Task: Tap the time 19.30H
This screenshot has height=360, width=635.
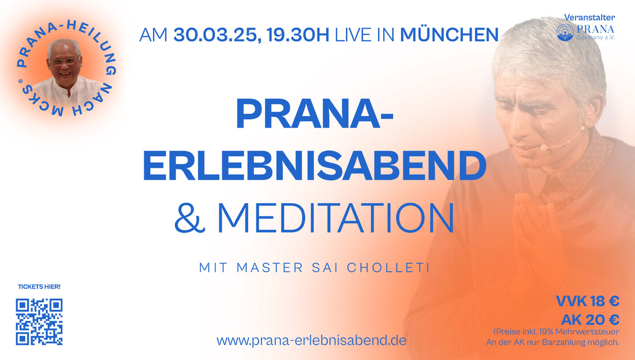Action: [x=298, y=35]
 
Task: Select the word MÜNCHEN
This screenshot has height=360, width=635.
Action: [x=449, y=35]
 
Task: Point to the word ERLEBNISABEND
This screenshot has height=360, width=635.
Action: [x=315, y=166]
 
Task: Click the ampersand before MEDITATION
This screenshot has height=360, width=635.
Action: [x=189, y=217]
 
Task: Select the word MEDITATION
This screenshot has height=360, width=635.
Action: [x=336, y=217]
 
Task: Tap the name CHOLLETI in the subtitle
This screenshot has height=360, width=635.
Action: [x=389, y=268]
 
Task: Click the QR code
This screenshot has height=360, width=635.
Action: [x=39, y=322]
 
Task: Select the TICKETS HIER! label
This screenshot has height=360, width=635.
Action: [x=39, y=287]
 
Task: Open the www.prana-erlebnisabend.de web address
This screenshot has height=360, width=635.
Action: [x=311, y=340]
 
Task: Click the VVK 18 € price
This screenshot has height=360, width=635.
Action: [x=587, y=301]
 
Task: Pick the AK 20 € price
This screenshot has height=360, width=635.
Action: [x=590, y=320]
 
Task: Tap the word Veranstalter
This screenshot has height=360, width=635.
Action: [x=589, y=17]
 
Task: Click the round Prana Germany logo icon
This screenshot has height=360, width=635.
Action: [x=565, y=32]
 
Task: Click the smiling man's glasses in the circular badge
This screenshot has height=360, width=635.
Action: [x=64, y=61]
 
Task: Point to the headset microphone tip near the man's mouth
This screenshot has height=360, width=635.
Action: [x=544, y=147]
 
